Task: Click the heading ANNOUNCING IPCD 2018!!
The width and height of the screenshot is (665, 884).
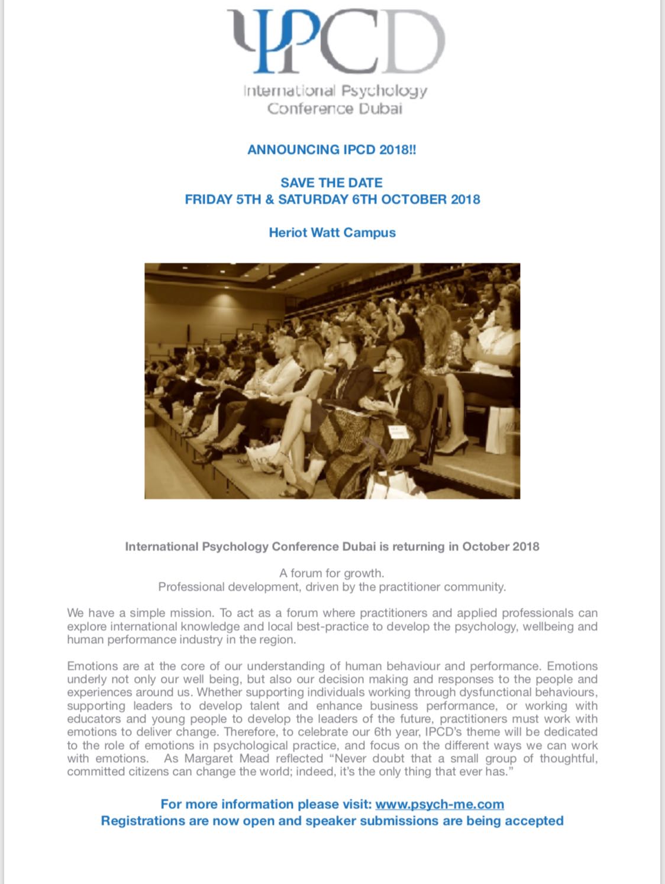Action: tap(332, 150)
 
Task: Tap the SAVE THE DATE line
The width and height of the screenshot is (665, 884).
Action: tap(332, 183)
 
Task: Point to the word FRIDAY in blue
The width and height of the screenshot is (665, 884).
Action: tap(209, 199)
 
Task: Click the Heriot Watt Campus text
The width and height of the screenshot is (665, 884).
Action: tap(332, 233)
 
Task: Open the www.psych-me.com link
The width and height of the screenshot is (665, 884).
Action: tap(440, 805)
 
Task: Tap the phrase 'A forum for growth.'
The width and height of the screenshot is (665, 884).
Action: tap(332, 573)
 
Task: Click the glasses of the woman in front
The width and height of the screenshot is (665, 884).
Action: tap(394, 359)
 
